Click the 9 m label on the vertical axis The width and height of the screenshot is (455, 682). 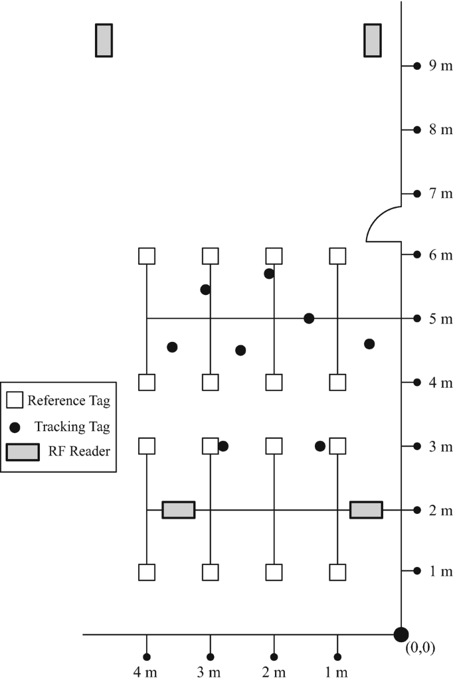pyautogui.click(x=439, y=66)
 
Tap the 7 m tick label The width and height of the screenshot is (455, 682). pyautogui.click(x=439, y=193)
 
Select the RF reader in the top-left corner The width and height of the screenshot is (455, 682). pyautogui.click(x=104, y=41)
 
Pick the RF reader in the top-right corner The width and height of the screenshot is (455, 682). pyautogui.click(x=373, y=41)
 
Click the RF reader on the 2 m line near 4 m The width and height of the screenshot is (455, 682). pyautogui.click(x=179, y=510)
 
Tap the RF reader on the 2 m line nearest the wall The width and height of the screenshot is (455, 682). pyautogui.click(x=366, y=510)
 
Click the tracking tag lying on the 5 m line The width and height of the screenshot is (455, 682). pyautogui.click(x=309, y=319)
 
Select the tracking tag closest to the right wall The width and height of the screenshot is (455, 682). pyautogui.click(x=369, y=344)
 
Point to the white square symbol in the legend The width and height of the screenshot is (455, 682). pyautogui.click(x=15, y=400)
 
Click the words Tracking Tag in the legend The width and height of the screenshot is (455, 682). pyautogui.click(x=72, y=426)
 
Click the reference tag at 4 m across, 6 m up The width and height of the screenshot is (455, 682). pyautogui.click(x=146, y=256)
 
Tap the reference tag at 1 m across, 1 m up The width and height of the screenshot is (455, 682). pyautogui.click(x=338, y=572)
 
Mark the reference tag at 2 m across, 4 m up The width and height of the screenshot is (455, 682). pyautogui.click(x=274, y=383)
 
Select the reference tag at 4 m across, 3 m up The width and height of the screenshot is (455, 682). pyautogui.click(x=146, y=446)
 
